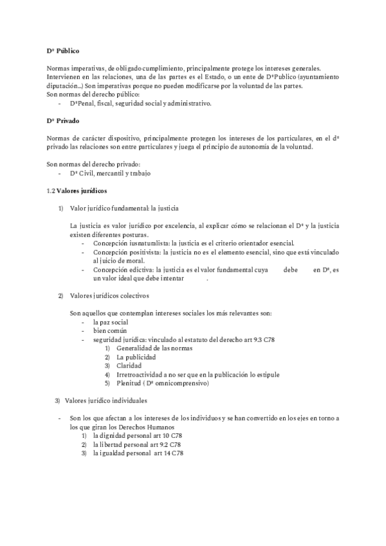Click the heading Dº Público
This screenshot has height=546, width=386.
(63, 50)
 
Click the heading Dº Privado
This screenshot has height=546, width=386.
(62, 120)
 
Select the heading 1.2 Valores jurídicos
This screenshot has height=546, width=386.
(77, 191)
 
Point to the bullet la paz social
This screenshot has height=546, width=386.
(110, 321)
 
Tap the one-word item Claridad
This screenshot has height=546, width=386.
(128, 365)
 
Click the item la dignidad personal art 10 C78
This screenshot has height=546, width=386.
(137, 435)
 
